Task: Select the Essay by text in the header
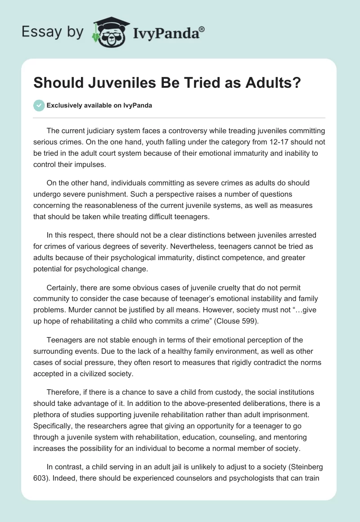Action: [x=52, y=32]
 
